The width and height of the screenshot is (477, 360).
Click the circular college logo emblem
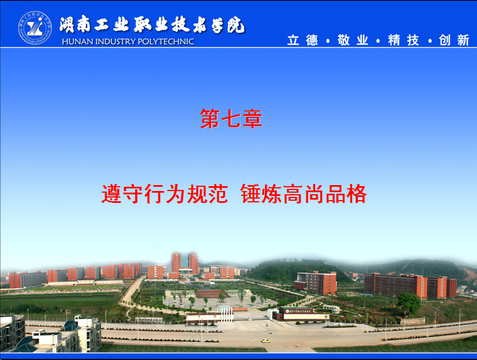pyautogui.click(x=35, y=28)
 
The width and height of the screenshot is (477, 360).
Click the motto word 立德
pyautogui.click(x=303, y=40)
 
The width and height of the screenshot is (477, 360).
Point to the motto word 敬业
pyautogui.click(x=353, y=40)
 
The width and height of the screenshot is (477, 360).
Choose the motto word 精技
pyautogui.click(x=403, y=40)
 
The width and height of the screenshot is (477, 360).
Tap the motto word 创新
pyautogui.click(x=454, y=40)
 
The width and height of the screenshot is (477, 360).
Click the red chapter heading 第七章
pyautogui.click(x=231, y=119)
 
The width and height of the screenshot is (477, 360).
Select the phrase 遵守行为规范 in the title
pyautogui.click(x=165, y=194)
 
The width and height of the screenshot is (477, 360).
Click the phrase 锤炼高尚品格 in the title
pyautogui.click(x=304, y=194)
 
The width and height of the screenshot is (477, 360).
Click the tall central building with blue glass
pyautogui.click(x=185, y=263)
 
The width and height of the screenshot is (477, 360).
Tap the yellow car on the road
pyautogui.click(x=266, y=341)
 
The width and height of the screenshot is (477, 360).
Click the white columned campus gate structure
pyautogui.click(x=225, y=313)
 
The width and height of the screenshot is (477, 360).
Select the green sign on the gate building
pyautogui.click(x=299, y=311)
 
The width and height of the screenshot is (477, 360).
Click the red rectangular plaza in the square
pyautogui.click(x=212, y=294)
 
